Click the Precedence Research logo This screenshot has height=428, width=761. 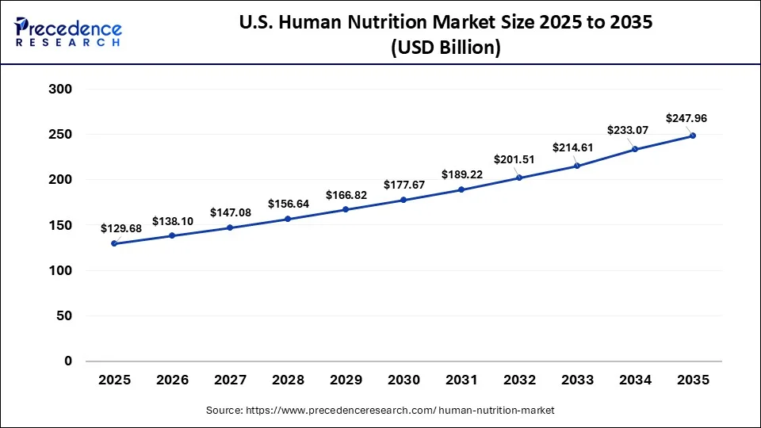pyautogui.click(x=68, y=32)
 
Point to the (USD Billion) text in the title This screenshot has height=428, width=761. pyautogui.click(x=446, y=48)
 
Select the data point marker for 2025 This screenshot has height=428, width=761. pyautogui.click(x=114, y=243)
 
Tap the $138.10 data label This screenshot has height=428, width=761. pyautogui.click(x=173, y=220)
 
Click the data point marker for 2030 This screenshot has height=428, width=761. pyautogui.click(x=403, y=200)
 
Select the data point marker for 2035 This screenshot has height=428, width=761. pyautogui.click(x=693, y=136)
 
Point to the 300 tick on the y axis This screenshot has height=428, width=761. pyautogui.click(x=61, y=90)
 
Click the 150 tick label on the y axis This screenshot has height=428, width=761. pyautogui.click(x=61, y=225)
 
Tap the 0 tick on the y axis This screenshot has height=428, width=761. pyautogui.click(x=67, y=361)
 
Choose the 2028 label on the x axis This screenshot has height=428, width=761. pyautogui.click(x=288, y=380)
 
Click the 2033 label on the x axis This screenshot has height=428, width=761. pyautogui.click(x=577, y=380)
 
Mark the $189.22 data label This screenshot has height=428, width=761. pyautogui.click(x=462, y=173)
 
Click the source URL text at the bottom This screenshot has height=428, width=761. pyautogui.click(x=380, y=410)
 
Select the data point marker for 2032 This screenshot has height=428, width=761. pyautogui.click(x=519, y=178)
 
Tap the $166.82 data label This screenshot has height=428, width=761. pyautogui.click(x=346, y=194)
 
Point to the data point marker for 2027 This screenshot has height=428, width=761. pyautogui.click(x=230, y=227)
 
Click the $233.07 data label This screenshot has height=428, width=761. pyautogui.click(x=629, y=131)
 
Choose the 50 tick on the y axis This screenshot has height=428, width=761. pyautogui.click(x=64, y=316)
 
